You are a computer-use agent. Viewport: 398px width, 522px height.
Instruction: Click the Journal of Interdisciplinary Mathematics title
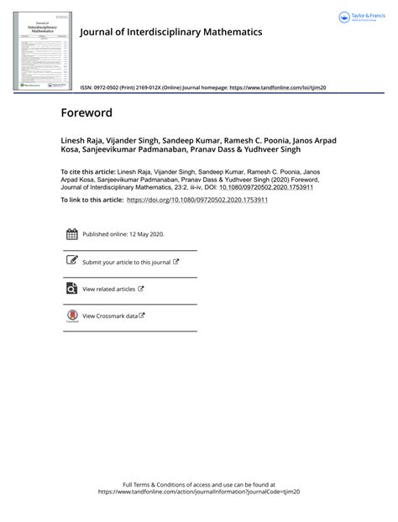[x=170, y=32]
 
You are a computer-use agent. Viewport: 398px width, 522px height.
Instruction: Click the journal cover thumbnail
[x=41, y=47]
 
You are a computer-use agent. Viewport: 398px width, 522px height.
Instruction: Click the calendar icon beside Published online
[x=71, y=235]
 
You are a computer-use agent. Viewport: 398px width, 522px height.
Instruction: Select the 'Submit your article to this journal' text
[x=127, y=262]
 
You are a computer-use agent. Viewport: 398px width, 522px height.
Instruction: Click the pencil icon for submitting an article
[x=71, y=262]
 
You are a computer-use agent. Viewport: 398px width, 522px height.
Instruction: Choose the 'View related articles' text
[x=109, y=289]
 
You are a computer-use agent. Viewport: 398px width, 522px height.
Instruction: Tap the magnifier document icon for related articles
[x=71, y=289]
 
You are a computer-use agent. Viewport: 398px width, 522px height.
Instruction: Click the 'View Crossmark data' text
[x=110, y=316]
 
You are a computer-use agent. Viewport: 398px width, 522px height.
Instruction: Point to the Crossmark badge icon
[x=71, y=316]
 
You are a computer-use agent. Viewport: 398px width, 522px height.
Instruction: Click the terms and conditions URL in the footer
[x=199, y=493]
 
